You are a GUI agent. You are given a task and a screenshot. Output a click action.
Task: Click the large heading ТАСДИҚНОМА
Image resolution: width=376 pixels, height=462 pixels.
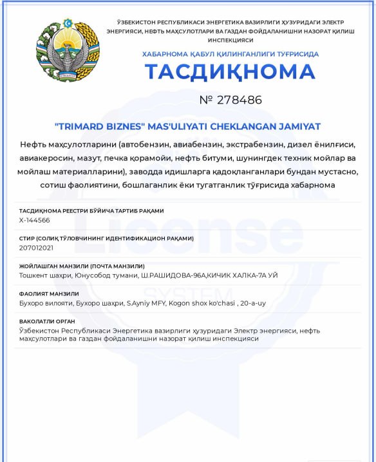[x=230, y=72]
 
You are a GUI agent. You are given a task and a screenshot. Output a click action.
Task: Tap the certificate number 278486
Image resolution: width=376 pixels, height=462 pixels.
[x=240, y=100]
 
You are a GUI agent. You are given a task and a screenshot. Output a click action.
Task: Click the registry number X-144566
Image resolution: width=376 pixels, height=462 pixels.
[x=35, y=220]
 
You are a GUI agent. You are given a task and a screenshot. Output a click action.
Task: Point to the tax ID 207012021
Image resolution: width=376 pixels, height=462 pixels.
[x=36, y=247]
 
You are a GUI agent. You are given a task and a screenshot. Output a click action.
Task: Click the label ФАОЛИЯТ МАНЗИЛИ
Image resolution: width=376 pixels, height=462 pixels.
[x=49, y=293]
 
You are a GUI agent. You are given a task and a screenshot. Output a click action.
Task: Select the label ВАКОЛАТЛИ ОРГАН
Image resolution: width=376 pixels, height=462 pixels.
[x=48, y=321]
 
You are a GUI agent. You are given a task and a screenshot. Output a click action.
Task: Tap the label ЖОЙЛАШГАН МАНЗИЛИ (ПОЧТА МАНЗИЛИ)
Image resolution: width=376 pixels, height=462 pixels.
[x=82, y=266]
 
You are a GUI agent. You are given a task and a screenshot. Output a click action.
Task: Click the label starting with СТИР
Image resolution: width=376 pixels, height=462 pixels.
[x=106, y=238]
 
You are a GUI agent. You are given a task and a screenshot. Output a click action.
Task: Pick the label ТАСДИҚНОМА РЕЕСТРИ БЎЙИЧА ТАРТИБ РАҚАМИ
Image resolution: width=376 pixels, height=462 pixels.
[x=91, y=210]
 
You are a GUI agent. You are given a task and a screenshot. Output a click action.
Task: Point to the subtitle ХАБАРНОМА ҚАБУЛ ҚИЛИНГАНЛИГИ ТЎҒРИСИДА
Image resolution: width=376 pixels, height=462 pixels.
[x=230, y=54]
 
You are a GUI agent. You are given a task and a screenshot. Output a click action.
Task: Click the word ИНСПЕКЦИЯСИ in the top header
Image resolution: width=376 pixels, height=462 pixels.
[x=230, y=40]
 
